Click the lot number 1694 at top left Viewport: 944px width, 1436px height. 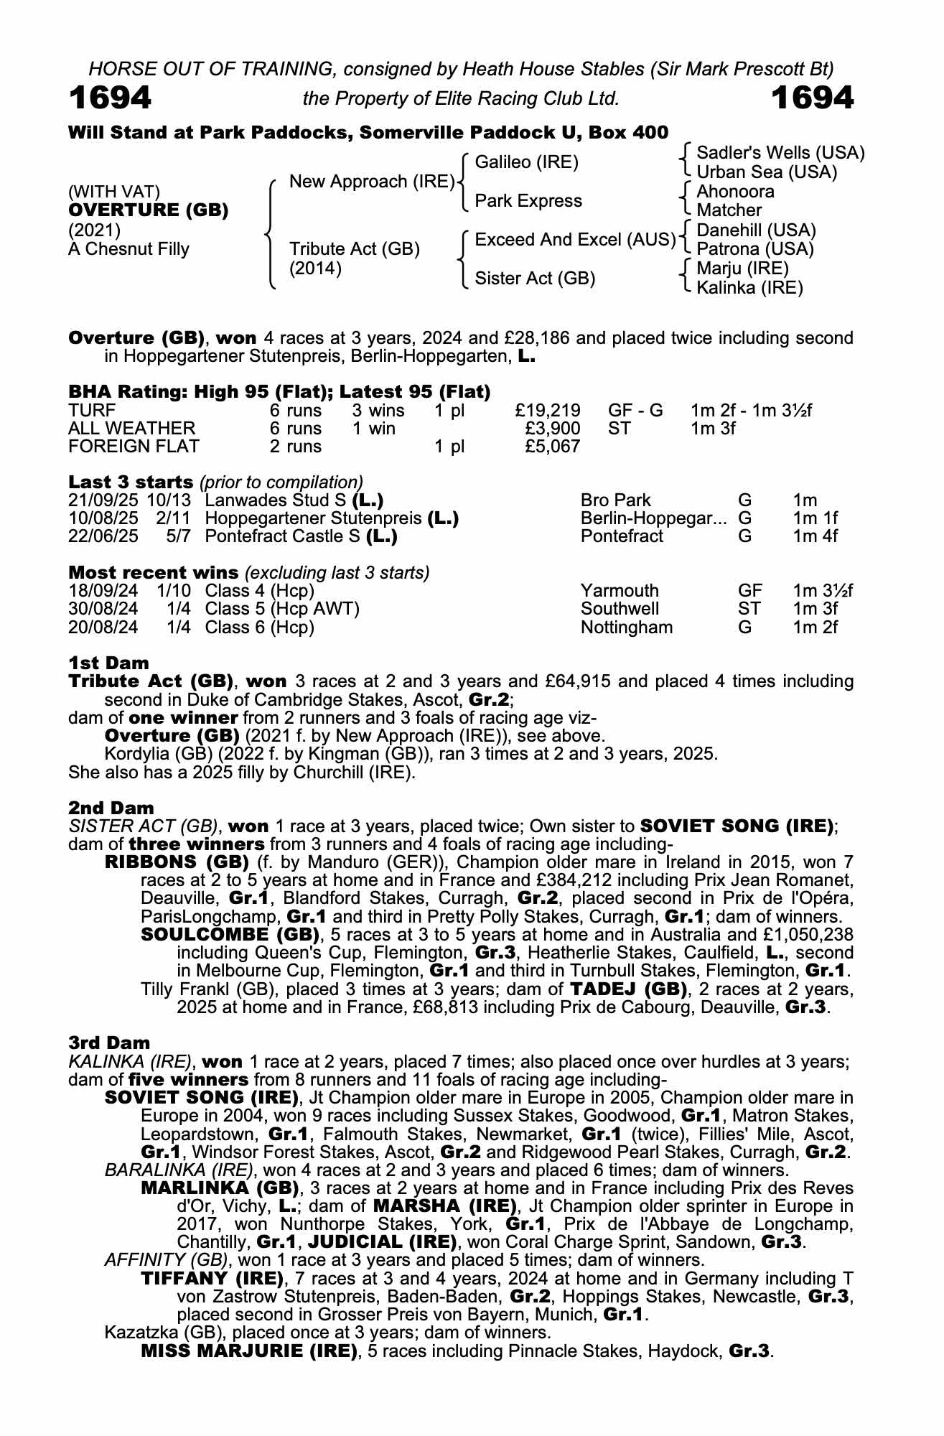[110, 98]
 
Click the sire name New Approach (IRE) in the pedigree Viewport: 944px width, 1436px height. [372, 182]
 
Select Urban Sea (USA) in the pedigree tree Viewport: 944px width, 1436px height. [767, 172]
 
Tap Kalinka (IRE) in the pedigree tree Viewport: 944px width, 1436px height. [749, 288]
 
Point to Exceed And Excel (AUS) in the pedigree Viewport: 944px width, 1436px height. [575, 239]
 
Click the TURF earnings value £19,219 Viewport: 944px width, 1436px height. [548, 411]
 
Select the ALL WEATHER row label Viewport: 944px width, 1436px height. [131, 429]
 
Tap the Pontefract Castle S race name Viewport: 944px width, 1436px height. [284, 536]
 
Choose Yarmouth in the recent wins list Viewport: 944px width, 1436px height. [620, 591]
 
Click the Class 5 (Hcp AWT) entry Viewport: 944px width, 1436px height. [281, 609]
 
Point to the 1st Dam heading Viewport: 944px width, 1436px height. [108, 663]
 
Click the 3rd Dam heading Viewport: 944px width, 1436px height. [109, 1043]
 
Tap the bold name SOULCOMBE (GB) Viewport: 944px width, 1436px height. [230, 935]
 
